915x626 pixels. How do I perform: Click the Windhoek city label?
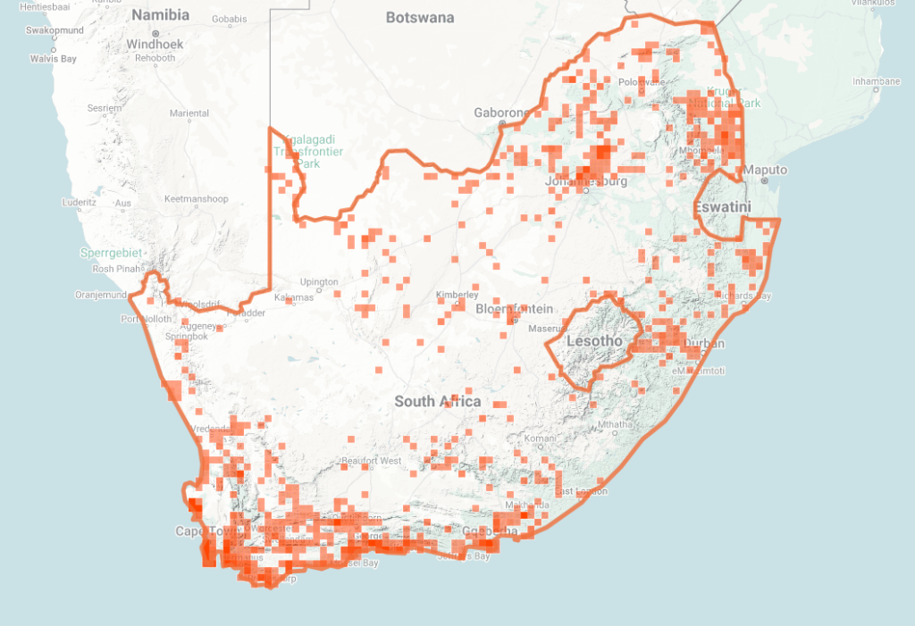click(155, 44)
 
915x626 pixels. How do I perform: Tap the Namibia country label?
click(161, 15)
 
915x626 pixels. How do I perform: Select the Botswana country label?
click(420, 18)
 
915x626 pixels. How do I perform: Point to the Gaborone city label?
click(501, 113)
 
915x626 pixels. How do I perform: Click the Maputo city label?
click(766, 170)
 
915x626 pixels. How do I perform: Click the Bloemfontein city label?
click(503, 309)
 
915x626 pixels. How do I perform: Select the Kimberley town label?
click(457, 295)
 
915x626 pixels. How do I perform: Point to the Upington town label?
click(319, 282)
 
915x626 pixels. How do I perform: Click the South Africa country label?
click(438, 402)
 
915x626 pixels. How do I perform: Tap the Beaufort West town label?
click(371, 461)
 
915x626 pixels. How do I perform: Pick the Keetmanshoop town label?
click(196, 198)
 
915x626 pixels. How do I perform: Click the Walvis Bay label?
click(54, 59)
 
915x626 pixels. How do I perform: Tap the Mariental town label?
click(189, 113)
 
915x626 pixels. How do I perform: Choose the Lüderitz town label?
click(79, 203)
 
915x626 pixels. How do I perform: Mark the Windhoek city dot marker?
click(155, 34)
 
